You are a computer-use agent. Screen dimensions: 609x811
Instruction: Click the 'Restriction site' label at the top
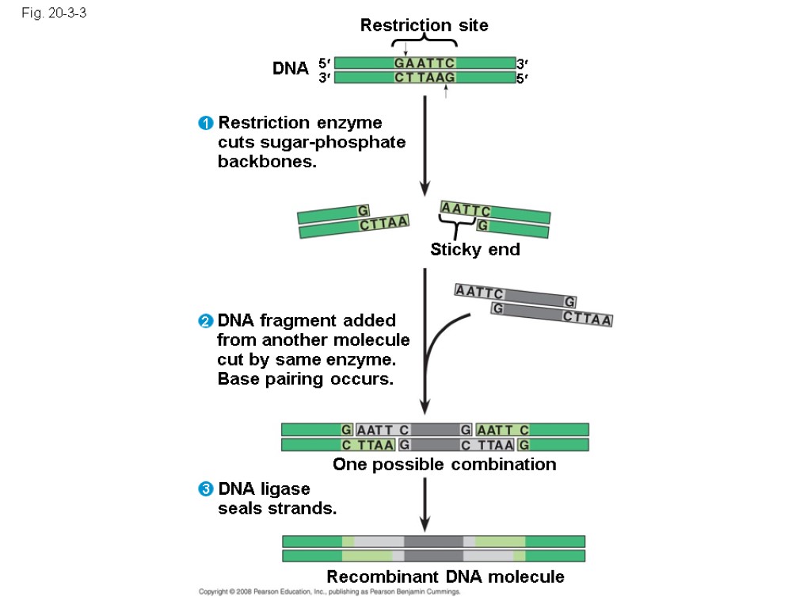(424, 25)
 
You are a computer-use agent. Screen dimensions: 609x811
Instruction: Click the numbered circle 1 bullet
(206, 124)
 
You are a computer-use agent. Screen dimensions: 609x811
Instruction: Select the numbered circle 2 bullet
(206, 321)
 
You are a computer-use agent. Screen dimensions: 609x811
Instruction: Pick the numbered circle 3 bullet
(206, 489)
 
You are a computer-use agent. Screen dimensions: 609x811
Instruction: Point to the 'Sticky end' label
(475, 250)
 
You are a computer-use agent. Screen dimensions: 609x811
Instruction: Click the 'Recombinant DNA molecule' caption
(445, 576)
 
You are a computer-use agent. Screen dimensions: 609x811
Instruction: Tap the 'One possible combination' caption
(444, 464)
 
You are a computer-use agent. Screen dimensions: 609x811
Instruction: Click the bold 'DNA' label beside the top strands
(291, 69)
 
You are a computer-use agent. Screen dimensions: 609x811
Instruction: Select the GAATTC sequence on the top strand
(425, 63)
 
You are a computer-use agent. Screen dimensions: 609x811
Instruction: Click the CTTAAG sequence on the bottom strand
(425, 77)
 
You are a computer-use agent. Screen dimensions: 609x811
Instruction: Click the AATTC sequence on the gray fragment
(479, 293)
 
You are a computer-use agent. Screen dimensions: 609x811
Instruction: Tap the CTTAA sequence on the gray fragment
(588, 320)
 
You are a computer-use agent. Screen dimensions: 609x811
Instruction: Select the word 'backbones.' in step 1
(267, 162)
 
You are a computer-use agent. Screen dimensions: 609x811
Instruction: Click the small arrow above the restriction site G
(405, 49)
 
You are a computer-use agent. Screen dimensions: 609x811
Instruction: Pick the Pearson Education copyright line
(329, 592)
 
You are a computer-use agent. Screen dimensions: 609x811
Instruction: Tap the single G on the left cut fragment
(363, 211)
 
